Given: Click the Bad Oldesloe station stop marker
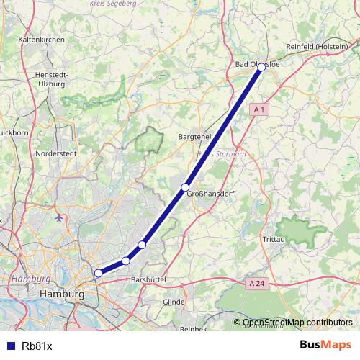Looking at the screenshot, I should coord(261,67).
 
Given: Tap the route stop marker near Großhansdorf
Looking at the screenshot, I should coord(185,187).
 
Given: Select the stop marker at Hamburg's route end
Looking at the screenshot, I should coord(98,273).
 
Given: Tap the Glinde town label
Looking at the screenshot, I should coord(174,302).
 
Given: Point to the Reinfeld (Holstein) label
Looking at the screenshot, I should coord(317,47).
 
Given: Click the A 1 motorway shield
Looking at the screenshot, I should coord(260,109).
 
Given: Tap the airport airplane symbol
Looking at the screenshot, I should coord(58,216).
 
